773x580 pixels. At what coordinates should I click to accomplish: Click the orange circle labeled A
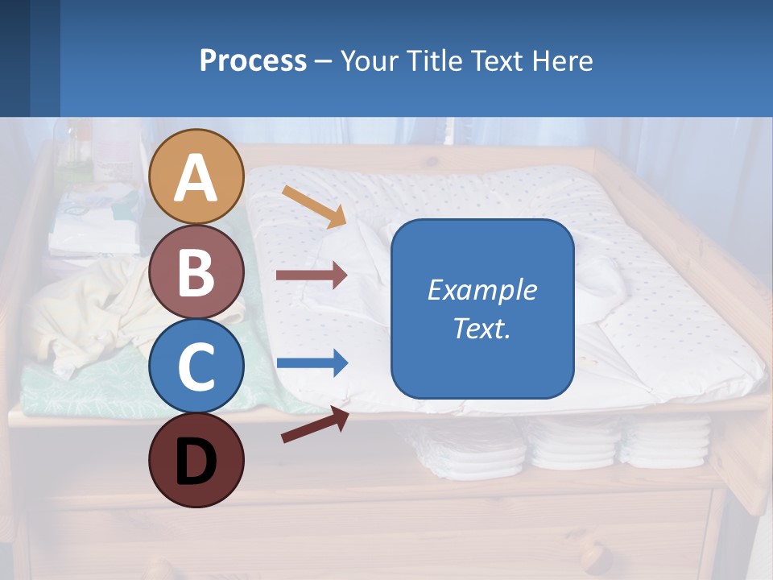pos(196,176)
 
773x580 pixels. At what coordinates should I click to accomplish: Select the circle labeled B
pos(196,272)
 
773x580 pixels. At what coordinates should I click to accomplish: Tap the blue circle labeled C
pos(196,366)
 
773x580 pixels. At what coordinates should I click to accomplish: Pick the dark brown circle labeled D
pos(196,460)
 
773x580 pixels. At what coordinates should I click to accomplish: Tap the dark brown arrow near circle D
pos(315,425)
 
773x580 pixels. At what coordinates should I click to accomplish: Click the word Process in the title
pos(253,60)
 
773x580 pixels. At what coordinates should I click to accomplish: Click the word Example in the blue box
pos(482,290)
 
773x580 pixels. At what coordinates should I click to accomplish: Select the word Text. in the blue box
pos(482,329)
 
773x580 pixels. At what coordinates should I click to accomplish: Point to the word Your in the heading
pos(369,60)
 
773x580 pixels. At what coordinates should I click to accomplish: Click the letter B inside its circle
pos(196,272)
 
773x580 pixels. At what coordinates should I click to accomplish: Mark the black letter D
pos(196,462)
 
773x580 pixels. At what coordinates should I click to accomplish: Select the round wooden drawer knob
pos(594,556)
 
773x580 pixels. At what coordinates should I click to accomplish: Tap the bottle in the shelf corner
pos(79,153)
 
